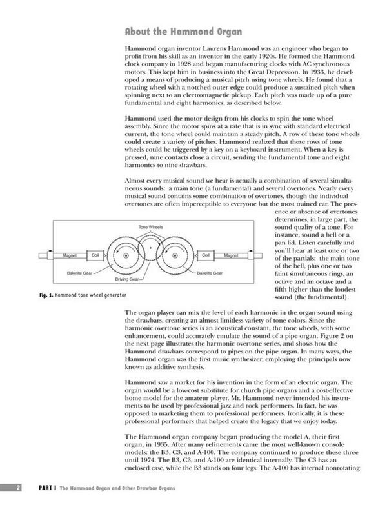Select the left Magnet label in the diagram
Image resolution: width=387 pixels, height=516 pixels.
70,256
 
